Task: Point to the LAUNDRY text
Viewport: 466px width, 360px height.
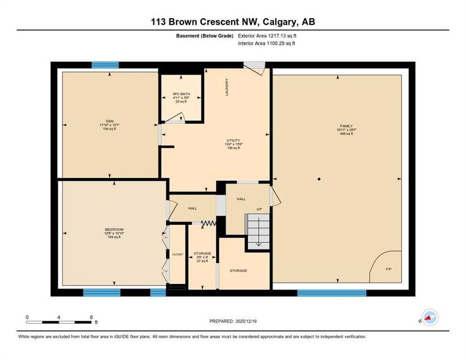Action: pos(226,87)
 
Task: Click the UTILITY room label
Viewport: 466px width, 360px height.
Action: pos(233,140)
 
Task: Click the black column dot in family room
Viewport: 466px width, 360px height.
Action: pos(318,179)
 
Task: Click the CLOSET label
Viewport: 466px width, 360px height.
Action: pos(178,254)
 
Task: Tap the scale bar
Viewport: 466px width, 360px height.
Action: pos(59,322)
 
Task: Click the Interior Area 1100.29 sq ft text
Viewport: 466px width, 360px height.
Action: pos(266,44)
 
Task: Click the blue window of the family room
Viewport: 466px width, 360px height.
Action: pos(331,293)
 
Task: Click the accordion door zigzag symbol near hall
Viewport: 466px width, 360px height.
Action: pos(208,225)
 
